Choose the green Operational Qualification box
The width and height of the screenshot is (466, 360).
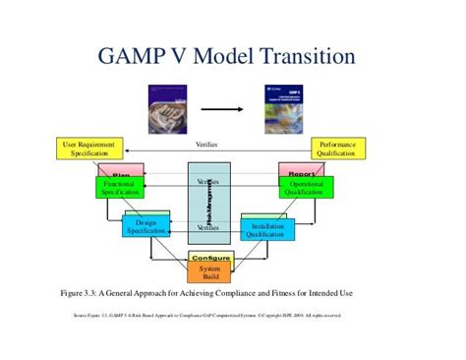(x=304, y=188)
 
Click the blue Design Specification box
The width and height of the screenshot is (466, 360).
(x=146, y=226)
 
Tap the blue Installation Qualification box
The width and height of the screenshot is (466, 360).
(x=274, y=226)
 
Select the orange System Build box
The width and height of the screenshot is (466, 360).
(x=210, y=272)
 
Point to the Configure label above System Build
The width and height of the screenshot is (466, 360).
(x=210, y=258)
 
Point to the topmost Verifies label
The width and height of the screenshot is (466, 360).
(x=206, y=145)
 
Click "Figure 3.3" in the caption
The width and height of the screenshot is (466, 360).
(x=84, y=293)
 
